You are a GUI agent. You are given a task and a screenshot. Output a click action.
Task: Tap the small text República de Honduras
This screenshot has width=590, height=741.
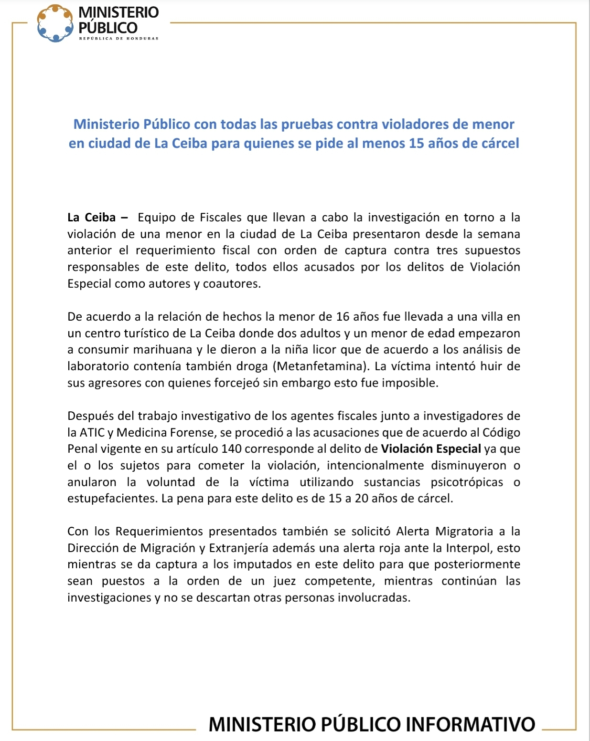click(x=118, y=38)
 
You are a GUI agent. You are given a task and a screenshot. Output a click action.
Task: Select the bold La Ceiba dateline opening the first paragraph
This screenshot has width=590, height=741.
click(x=92, y=218)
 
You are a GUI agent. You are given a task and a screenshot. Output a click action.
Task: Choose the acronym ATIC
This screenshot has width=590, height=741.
click(x=92, y=433)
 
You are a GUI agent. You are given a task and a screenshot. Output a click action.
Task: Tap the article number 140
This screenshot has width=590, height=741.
click(x=232, y=449)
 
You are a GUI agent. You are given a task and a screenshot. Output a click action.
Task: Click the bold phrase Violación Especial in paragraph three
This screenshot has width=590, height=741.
click(x=430, y=449)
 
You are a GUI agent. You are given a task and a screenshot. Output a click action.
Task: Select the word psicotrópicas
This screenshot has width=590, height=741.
click(x=467, y=482)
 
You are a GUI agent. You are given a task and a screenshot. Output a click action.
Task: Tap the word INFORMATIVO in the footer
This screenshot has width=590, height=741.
click(x=470, y=724)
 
